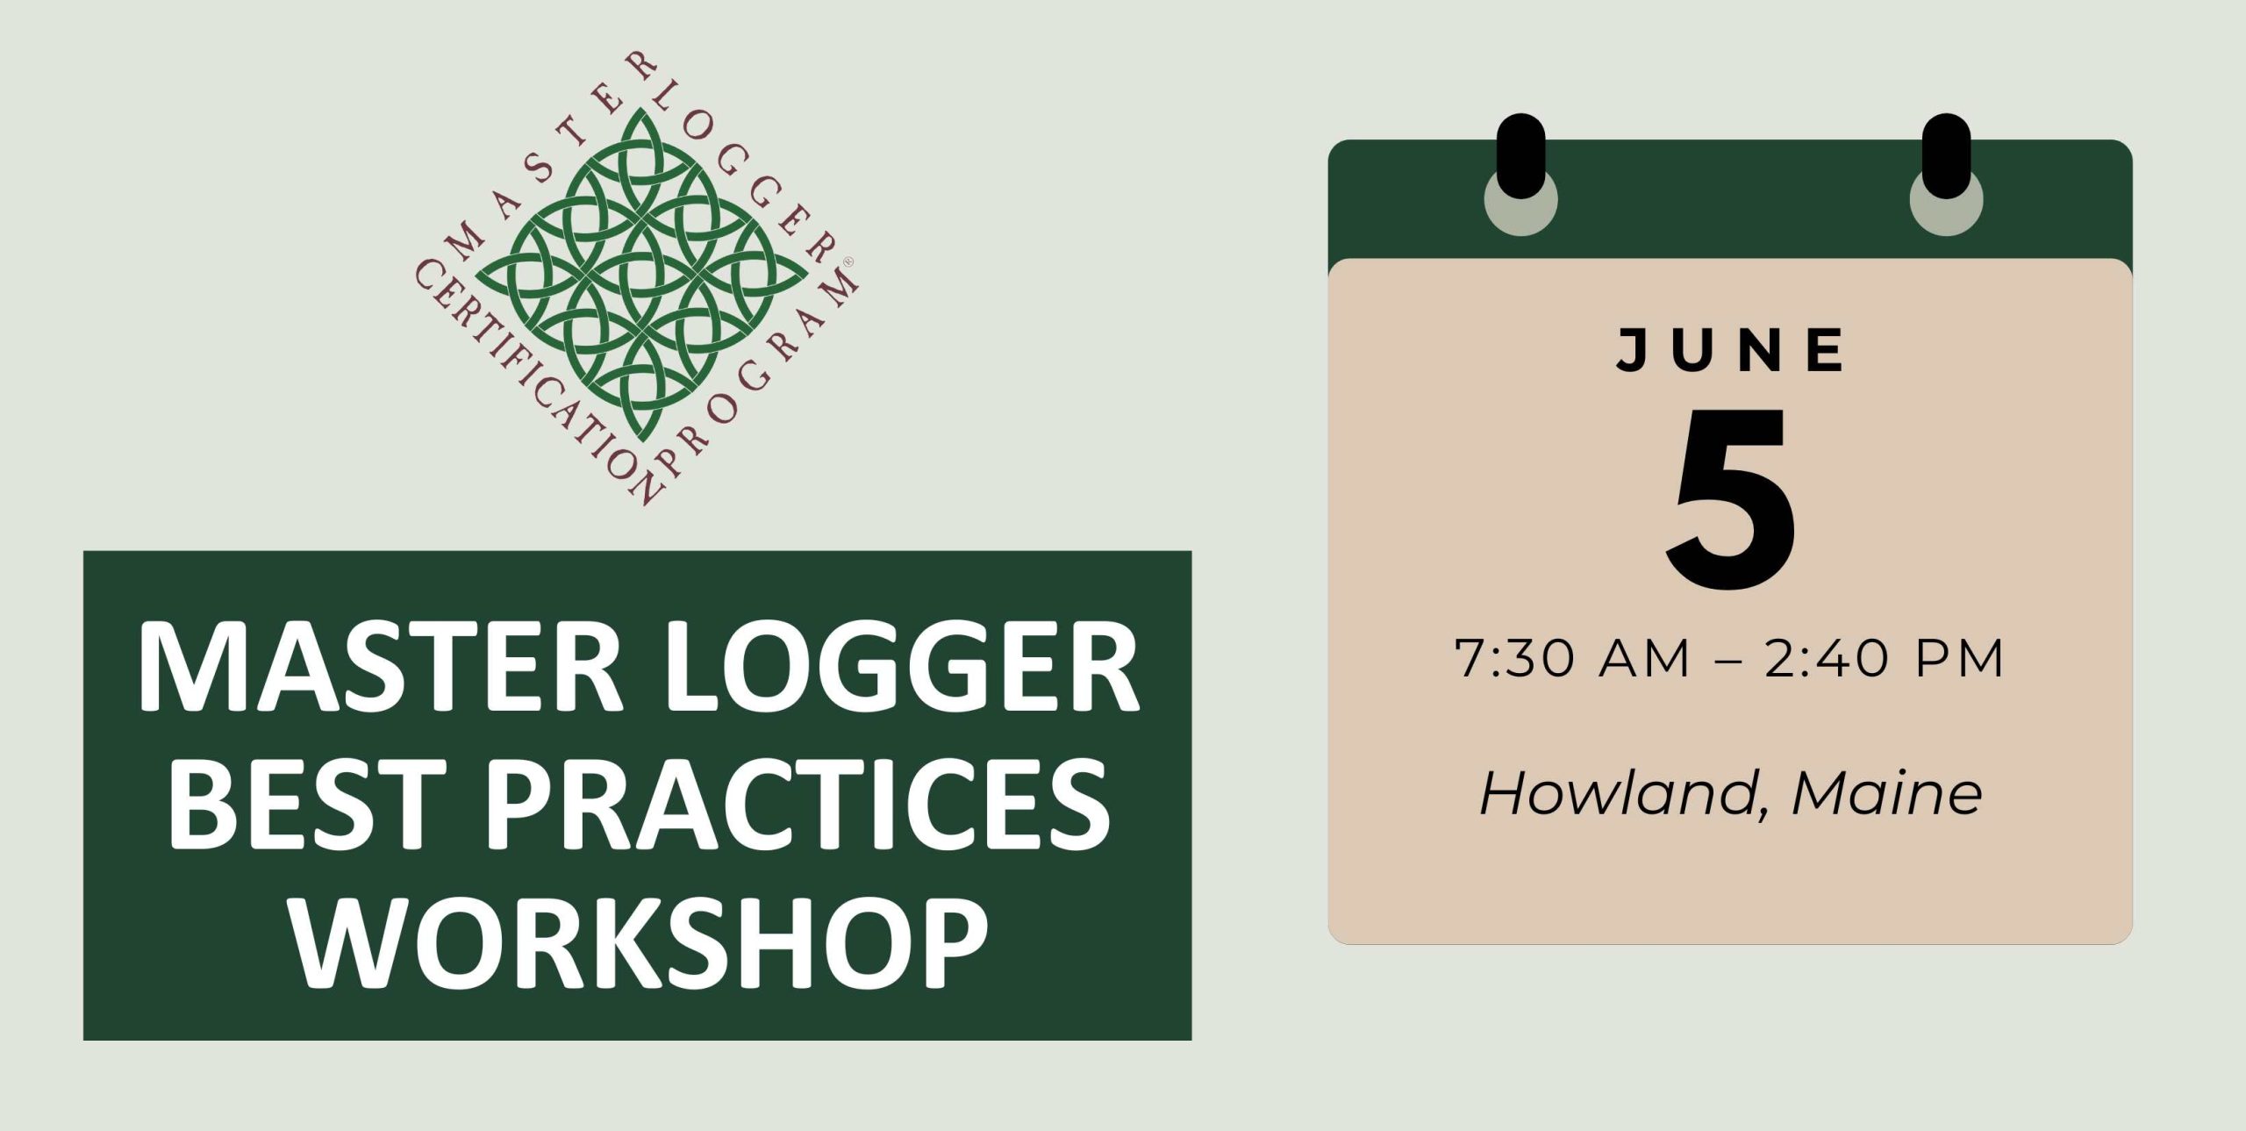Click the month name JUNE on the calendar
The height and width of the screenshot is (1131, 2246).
point(1731,350)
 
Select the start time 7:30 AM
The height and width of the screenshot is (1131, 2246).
point(1571,658)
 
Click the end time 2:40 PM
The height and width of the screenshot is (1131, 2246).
point(1884,658)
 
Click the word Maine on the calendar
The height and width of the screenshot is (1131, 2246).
point(1887,793)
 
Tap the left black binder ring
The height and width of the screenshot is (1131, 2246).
point(1520,156)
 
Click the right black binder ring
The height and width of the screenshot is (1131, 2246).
point(1946,156)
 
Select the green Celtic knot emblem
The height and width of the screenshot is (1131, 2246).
point(641,276)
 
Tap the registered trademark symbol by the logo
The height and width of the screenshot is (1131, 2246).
point(848,262)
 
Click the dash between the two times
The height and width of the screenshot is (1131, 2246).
point(1726,660)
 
